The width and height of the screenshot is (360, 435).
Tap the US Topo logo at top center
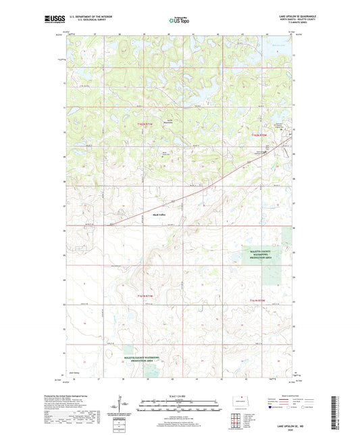tap(178, 20)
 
